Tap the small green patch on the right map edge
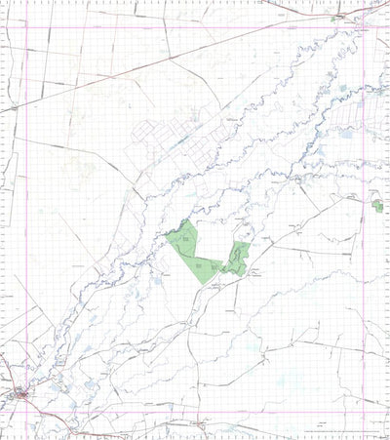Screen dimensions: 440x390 point(377,206)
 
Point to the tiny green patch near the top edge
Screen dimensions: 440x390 point(335,18)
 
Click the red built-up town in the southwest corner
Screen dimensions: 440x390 point(22,394)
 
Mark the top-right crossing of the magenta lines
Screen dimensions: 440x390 point(364,26)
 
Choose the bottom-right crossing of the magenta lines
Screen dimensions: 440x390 point(364,409)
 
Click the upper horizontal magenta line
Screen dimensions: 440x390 point(195,26)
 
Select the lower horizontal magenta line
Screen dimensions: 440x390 point(195,409)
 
